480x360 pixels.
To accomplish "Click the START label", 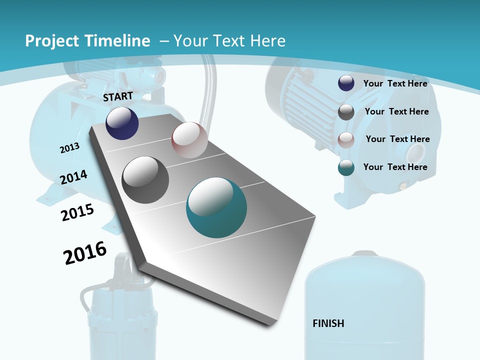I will click(118, 96).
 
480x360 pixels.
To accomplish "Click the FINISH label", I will click(328, 323).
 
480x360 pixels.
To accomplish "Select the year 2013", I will click(69, 148).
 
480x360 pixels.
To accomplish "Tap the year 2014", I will click(73, 177).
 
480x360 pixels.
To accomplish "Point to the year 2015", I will click(77, 212).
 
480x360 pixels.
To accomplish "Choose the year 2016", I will click(85, 253).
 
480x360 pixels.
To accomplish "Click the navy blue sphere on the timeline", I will click(122, 123).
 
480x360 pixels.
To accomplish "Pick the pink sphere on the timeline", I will click(189, 140).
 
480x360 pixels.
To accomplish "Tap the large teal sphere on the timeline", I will click(216, 207).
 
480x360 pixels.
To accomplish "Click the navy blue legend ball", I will click(346, 83).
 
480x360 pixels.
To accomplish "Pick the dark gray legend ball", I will click(346, 112).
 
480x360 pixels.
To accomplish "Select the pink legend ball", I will click(346, 139).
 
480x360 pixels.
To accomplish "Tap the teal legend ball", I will click(346, 167).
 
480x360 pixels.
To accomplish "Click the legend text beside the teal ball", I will click(395, 167).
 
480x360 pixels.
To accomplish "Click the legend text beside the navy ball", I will click(395, 83).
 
